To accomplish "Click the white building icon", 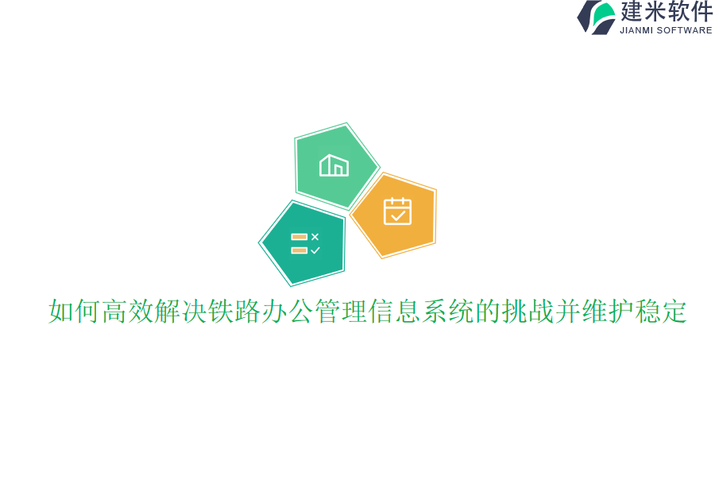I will point(334,165).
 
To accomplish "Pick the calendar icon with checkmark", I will point(397,211).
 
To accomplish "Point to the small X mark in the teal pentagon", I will point(315,237).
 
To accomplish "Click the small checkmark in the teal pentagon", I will point(315,250).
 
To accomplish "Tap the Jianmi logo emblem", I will point(597,17).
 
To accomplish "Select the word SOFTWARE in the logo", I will point(685,30).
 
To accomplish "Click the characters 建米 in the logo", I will point(643,12).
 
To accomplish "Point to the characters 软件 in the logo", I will point(690,12).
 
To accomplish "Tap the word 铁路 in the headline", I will point(234,312).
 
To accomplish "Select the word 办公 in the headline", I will point(288,312).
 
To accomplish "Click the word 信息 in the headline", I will point(394,312).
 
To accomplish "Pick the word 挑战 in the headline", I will point(528,312).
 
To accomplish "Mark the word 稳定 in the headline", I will point(661,312).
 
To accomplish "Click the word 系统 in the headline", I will point(447,312).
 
